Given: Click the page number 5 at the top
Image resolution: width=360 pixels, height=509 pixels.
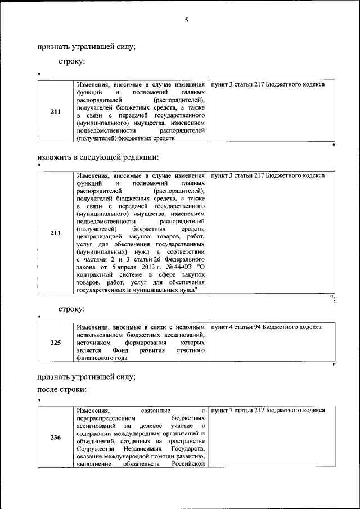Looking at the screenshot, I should (186, 21).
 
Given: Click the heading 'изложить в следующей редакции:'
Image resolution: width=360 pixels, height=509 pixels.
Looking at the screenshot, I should (98, 156).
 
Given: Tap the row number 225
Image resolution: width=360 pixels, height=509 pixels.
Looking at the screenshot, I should (56, 342).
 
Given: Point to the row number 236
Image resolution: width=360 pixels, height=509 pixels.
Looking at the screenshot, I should (56, 438).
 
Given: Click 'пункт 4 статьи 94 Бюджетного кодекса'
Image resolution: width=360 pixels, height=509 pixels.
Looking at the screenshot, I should (266, 327).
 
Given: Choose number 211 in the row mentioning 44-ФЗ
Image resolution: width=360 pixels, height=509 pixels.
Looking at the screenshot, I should (56, 233).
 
